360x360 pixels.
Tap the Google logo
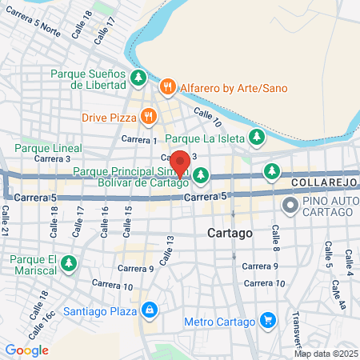26,350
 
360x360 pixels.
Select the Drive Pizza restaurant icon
148,117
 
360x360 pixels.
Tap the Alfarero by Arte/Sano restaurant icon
166,86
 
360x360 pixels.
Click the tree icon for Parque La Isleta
257,137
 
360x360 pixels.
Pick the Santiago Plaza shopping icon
149,308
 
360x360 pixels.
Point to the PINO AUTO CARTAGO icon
289,206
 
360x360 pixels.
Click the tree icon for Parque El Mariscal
70,262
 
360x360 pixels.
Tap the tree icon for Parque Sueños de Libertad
138,78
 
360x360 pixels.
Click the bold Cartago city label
229,233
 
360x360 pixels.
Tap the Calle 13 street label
166,250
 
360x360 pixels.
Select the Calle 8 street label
274,234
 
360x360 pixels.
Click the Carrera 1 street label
138,140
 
